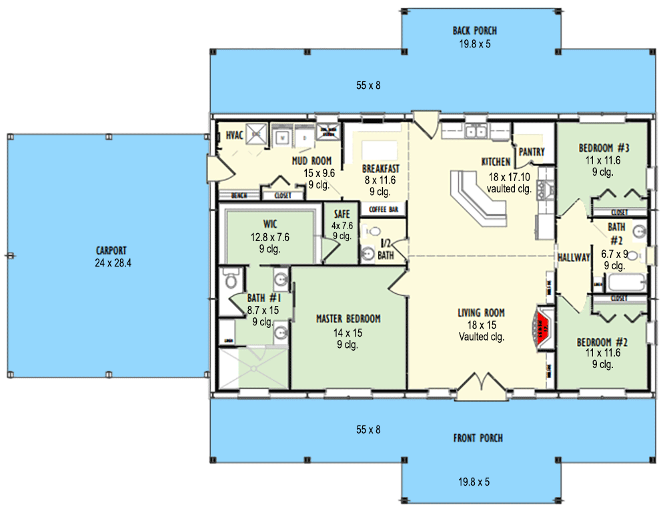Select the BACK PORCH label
pos(474,31)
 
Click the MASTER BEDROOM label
pos(348,319)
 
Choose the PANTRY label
pos(531,152)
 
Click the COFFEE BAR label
pos(384,210)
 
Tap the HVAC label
pos(233,136)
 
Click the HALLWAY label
pos(574,257)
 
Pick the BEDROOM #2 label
pos(602,342)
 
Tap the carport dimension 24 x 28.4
pos(113,263)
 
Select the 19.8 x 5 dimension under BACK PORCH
pos(474,44)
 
